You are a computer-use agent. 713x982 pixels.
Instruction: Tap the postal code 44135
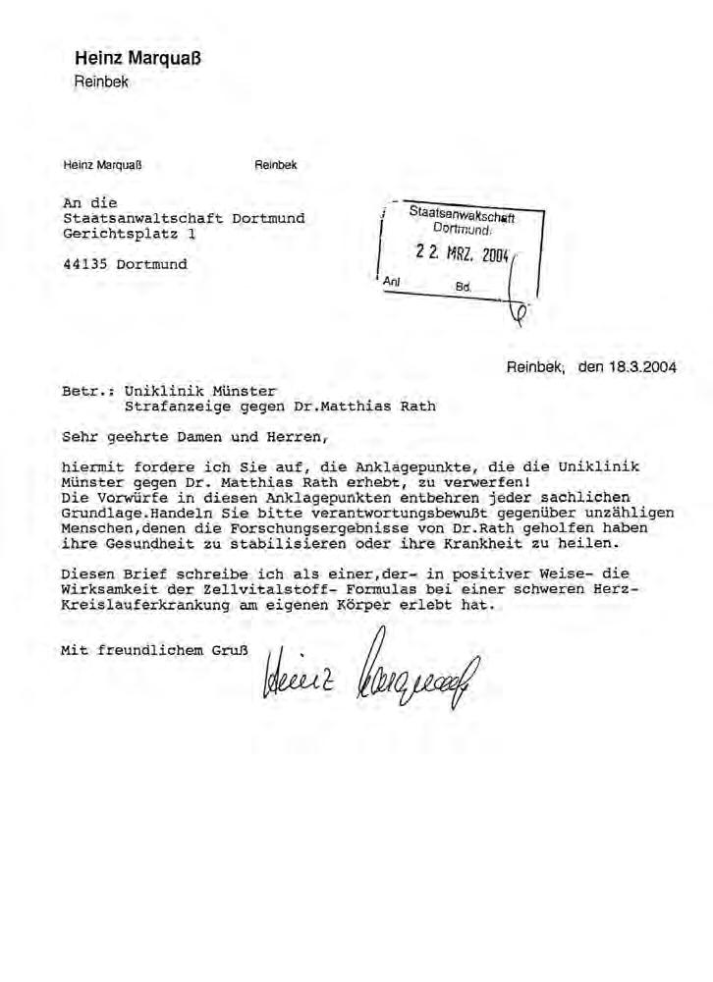click(86, 264)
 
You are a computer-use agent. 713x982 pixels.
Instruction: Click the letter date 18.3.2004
click(642, 368)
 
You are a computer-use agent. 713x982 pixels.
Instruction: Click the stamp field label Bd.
click(464, 289)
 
